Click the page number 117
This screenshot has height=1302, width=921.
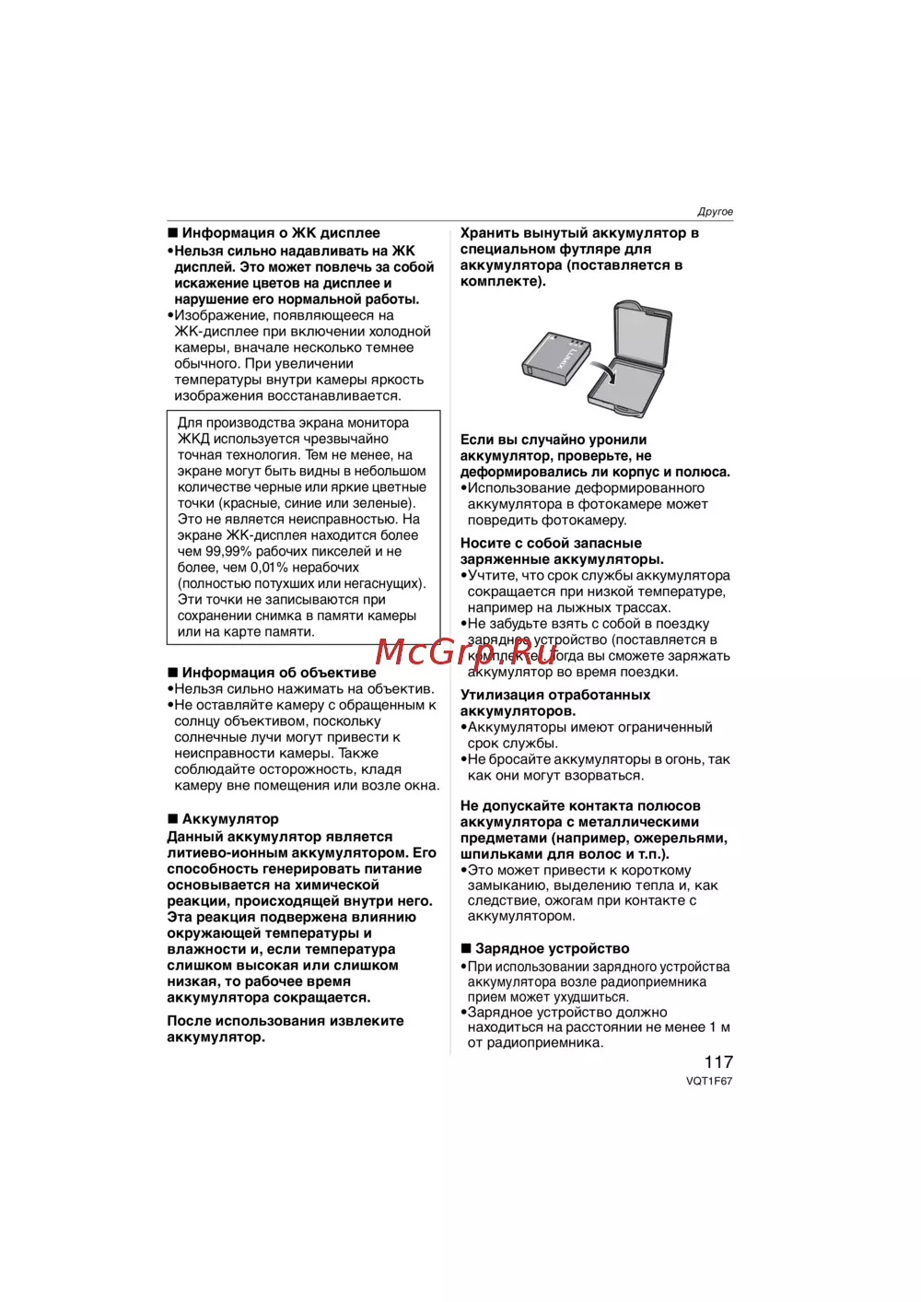pos(718,1062)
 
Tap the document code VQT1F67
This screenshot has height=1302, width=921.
pos(709,1082)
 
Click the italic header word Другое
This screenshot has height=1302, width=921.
pos(716,212)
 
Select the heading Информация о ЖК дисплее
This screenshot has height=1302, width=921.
pos(281,233)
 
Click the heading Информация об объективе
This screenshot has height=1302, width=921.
pos(279,673)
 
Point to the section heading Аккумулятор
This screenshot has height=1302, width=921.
pos(230,819)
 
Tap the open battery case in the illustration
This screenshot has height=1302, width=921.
pos(631,359)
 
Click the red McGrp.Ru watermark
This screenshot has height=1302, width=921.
pos(466,651)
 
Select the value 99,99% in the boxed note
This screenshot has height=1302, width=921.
pos(230,552)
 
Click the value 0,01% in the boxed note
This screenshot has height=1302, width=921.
pos(269,568)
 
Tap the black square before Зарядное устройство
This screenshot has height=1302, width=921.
pos(466,949)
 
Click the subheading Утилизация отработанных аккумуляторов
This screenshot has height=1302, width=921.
pos(554,703)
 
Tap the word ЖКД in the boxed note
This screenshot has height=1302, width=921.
pos(193,440)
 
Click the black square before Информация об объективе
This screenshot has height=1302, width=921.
pos(172,673)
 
